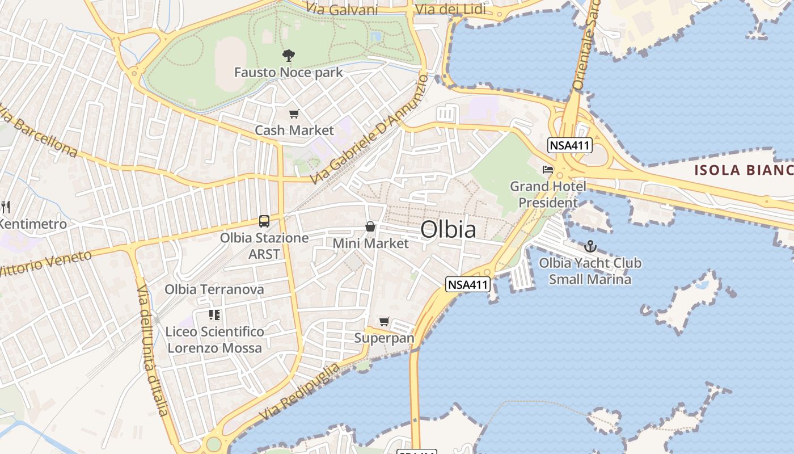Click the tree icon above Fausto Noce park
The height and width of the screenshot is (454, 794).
click(289, 55)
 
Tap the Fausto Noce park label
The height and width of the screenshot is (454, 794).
click(289, 73)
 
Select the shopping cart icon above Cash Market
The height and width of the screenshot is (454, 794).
click(294, 114)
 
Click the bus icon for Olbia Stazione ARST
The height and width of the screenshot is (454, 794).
click(264, 221)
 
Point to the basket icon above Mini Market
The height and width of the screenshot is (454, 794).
click(370, 226)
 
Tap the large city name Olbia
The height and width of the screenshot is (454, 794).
click(448, 229)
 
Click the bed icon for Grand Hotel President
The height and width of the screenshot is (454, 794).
click(548, 169)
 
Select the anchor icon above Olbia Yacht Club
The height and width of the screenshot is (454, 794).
click(590, 246)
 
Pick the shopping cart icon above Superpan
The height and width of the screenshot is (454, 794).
click(385, 322)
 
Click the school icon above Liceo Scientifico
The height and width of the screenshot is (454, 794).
click(214, 314)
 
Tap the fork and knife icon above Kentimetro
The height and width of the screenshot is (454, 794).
click(6, 207)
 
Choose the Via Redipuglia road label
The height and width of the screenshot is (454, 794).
click(301, 392)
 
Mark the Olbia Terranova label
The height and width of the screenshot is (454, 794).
click(214, 289)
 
